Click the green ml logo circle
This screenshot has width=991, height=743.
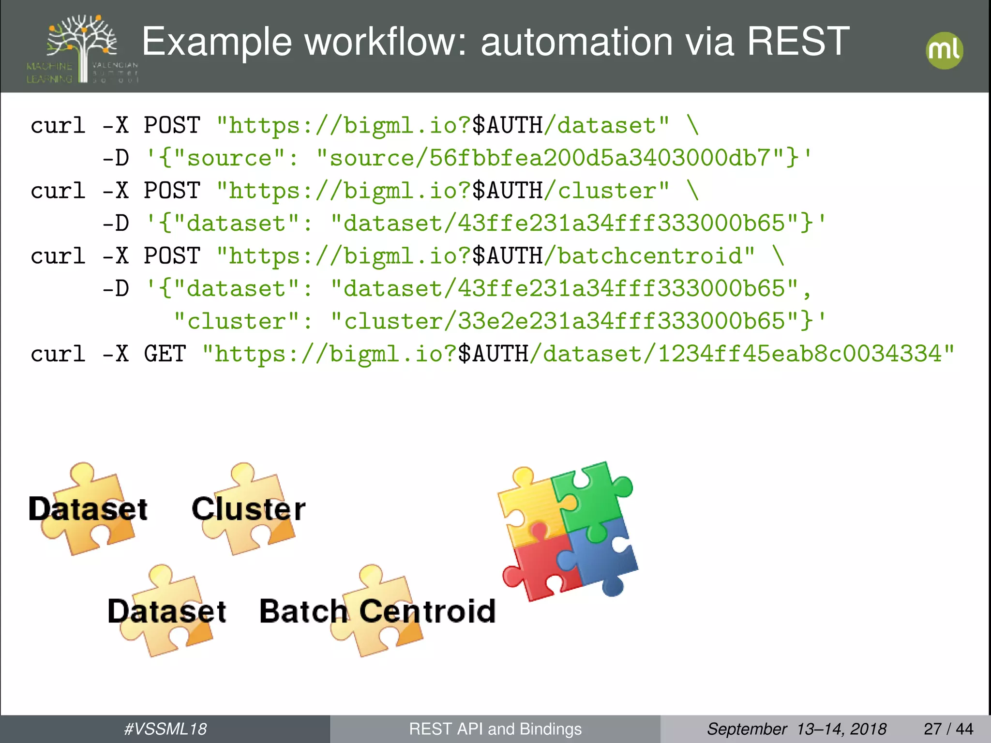tap(944, 50)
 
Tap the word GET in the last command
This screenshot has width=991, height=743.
tap(165, 354)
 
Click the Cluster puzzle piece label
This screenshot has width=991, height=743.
tap(248, 509)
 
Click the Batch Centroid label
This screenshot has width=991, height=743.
tap(377, 611)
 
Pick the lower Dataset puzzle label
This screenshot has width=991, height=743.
tap(167, 611)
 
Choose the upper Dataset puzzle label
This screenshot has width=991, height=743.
tap(88, 509)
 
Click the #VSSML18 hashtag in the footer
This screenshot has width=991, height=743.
tap(165, 729)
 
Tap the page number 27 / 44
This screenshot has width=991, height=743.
tap(948, 729)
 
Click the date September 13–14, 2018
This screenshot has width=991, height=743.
tap(796, 729)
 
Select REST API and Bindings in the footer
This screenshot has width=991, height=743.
tap(495, 729)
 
